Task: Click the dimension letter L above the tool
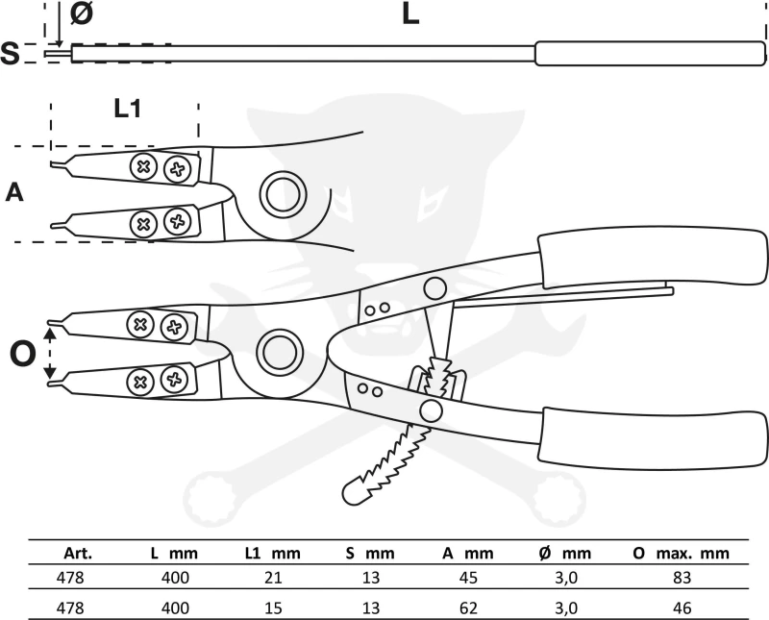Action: click(x=410, y=15)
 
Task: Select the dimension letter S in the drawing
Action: click(x=11, y=54)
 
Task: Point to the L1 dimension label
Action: click(x=128, y=109)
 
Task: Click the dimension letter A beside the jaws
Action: click(x=14, y=192)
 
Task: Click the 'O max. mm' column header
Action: click(x=679, y=553)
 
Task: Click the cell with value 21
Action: click(x=272, y=578)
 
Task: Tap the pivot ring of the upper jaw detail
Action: click(x=283, y=194)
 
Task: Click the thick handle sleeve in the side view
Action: click(x=650, y=53)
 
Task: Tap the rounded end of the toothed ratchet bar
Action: click(x=354, y=491)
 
